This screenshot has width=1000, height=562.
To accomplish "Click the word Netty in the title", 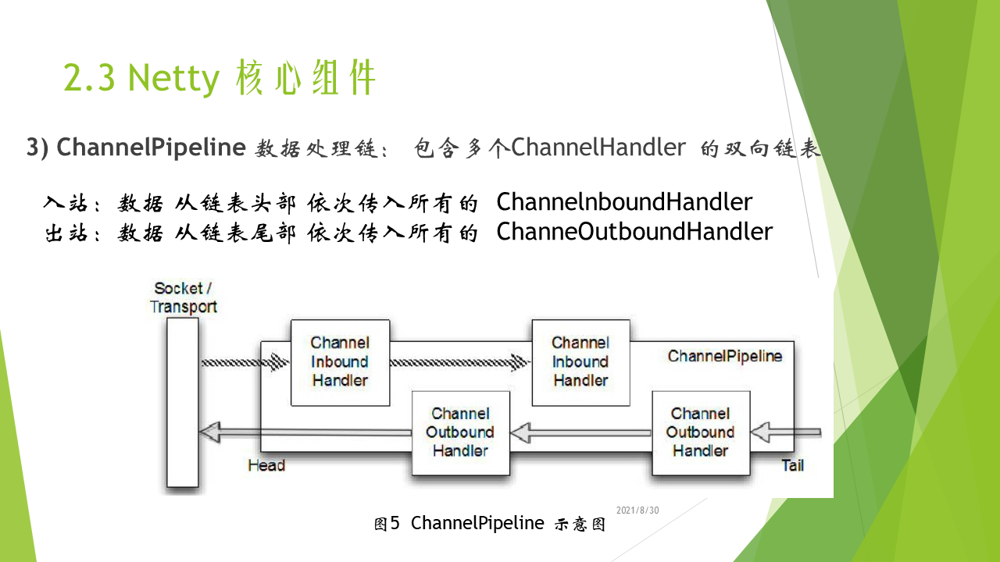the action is click(x=174, y=79).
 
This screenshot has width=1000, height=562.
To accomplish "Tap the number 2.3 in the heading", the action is click(x=89, y=77).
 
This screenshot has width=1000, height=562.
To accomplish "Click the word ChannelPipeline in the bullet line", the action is click(x=151, y=148).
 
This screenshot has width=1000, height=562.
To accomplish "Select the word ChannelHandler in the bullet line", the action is click(x=598, y=147).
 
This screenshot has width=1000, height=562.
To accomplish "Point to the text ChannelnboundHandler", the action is click(x=624, y=201).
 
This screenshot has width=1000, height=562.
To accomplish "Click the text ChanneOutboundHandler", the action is click(x=634, y=232).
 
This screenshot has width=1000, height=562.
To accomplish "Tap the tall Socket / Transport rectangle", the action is click(x=183, y=402).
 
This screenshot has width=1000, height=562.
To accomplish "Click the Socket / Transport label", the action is click(x=183, y=297).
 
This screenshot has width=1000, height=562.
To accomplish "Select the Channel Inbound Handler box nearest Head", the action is click(x=340, y=363).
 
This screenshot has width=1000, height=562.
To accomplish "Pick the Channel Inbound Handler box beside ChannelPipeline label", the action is click(x=580, y=363).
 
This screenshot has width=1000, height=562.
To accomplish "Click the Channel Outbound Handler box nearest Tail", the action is click(x=701, y=433).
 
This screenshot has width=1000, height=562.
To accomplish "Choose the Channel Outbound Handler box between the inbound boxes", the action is click(x=461, y=433).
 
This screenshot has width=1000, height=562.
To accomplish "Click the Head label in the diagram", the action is click(x=266, y=465).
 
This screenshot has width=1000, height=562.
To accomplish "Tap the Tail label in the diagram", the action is click(x=792, y=465).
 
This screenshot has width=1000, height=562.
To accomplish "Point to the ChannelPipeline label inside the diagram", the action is click(x=725, y=356).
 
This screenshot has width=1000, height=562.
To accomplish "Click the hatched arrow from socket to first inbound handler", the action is click(x=245, y=362).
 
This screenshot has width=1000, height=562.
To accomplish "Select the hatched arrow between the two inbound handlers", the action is click(x=460, y=362).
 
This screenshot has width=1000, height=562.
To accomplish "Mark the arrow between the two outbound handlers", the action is click(x=580, y=432).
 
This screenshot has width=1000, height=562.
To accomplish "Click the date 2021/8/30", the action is click(x=637, y=510).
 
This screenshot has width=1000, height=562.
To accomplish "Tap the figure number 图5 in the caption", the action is click(x=387, y=524).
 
